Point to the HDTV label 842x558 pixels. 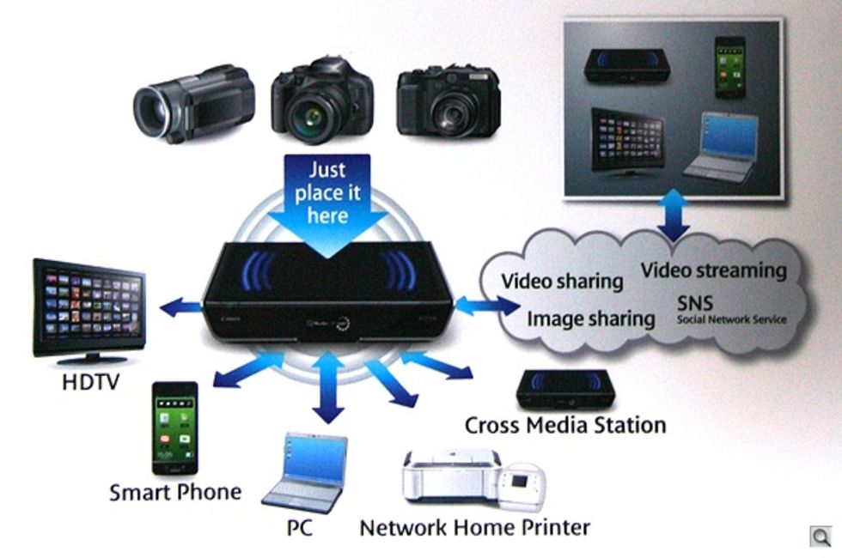90,382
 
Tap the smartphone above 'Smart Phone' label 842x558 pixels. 175,428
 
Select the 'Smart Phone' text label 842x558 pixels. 175,492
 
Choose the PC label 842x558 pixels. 299,527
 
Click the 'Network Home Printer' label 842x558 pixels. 474,527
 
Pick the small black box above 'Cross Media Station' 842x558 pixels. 565,389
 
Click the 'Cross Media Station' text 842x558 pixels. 565,425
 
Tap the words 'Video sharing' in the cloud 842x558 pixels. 562,282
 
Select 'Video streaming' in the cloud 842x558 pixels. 714,270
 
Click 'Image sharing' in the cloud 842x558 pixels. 591,318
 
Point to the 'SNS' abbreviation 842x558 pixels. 695,304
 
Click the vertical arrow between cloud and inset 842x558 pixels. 674,215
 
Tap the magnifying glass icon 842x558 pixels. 821,537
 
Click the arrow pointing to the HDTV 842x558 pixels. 181,307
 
